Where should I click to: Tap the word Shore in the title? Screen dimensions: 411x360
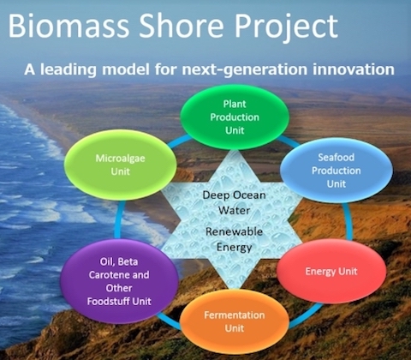[182, 26]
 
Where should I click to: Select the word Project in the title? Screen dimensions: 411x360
[286, 27]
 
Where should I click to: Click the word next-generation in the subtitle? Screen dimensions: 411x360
[245, 70]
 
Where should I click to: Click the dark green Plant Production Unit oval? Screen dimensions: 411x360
[235, 117]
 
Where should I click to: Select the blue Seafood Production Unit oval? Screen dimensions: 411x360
[337, 171]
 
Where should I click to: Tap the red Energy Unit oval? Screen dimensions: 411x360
[331, 271]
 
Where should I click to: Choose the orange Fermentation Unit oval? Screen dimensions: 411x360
[235, 321]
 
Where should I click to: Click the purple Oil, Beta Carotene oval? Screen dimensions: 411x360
[119, 281]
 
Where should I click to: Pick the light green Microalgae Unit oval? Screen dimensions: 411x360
[121, 165]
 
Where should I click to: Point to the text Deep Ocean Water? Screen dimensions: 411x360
[234, 203]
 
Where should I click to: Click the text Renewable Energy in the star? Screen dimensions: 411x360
[234, 239]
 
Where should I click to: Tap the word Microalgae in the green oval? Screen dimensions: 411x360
[121, 159]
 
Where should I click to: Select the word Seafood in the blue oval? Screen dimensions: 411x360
[337, 157]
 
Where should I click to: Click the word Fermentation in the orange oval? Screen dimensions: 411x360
[235, 315]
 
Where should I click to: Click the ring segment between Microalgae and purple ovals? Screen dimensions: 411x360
[118, 220]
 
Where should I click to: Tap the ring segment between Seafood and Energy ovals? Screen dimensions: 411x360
[348, 221]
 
